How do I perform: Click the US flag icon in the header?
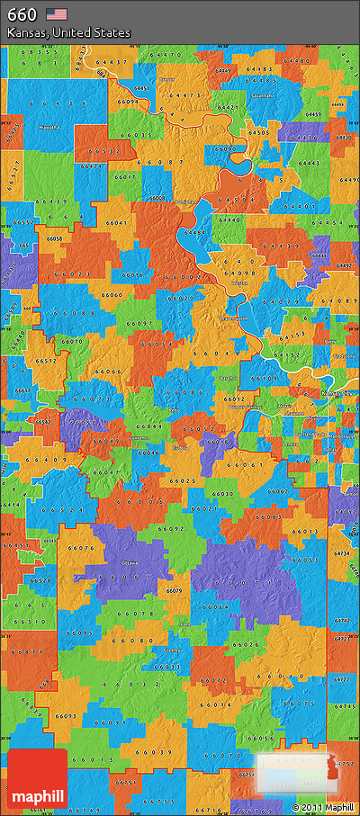pos(57,13)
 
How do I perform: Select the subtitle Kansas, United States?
pos(68,32)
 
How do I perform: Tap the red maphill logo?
pos(36,779)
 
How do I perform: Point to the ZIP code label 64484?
pos(193,233)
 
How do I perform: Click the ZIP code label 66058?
pos(54,238)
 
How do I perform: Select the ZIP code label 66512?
pos(47,360)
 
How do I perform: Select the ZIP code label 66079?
pos(174,590)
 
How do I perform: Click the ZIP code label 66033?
pos(166,666)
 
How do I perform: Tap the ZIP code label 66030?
pos(222,494)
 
